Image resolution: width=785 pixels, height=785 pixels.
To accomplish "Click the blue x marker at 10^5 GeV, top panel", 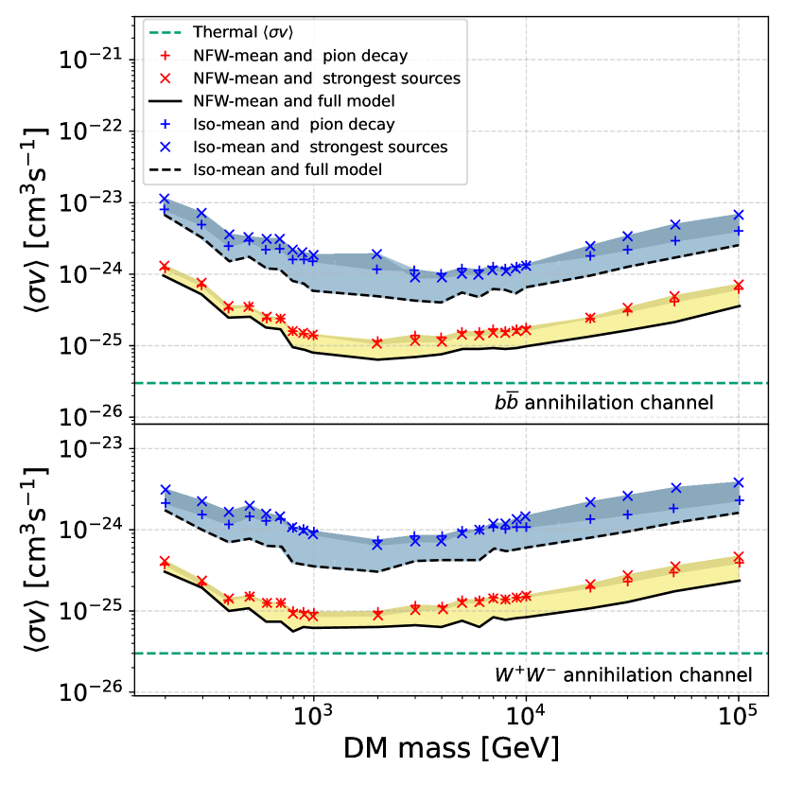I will click(x=739, y=215).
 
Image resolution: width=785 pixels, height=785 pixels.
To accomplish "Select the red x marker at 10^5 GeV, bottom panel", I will click(x=739, y=557).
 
